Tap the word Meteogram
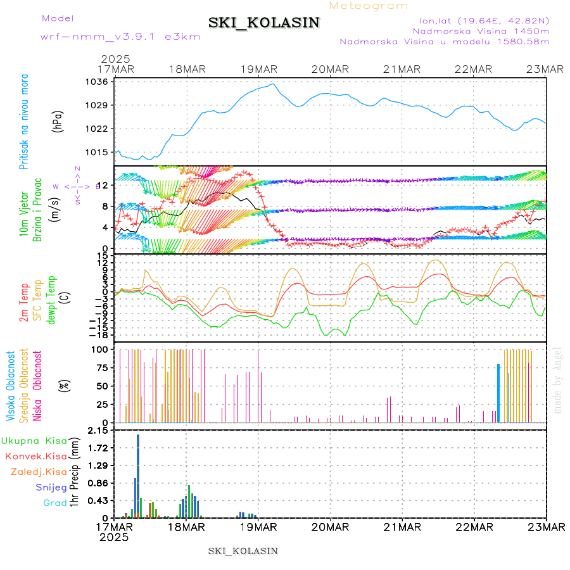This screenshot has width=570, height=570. [x=369, y=6]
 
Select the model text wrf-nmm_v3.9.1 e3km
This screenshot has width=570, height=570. [x=120, y=36]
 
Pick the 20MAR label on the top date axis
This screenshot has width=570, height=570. [x=330, y=69]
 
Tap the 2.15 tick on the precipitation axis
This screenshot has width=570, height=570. [x=98, y=431]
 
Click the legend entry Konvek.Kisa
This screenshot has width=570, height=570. [x=35, y=456]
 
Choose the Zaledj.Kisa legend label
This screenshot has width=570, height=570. [x=39, y=471]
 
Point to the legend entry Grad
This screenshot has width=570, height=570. [x=54, y=503]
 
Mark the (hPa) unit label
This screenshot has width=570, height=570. [x=58, y=120]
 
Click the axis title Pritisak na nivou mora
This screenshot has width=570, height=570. [x=25, y=120]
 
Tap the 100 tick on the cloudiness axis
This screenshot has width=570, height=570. [x=100, y=349]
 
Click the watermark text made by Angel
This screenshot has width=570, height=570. [x=557, y=380]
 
